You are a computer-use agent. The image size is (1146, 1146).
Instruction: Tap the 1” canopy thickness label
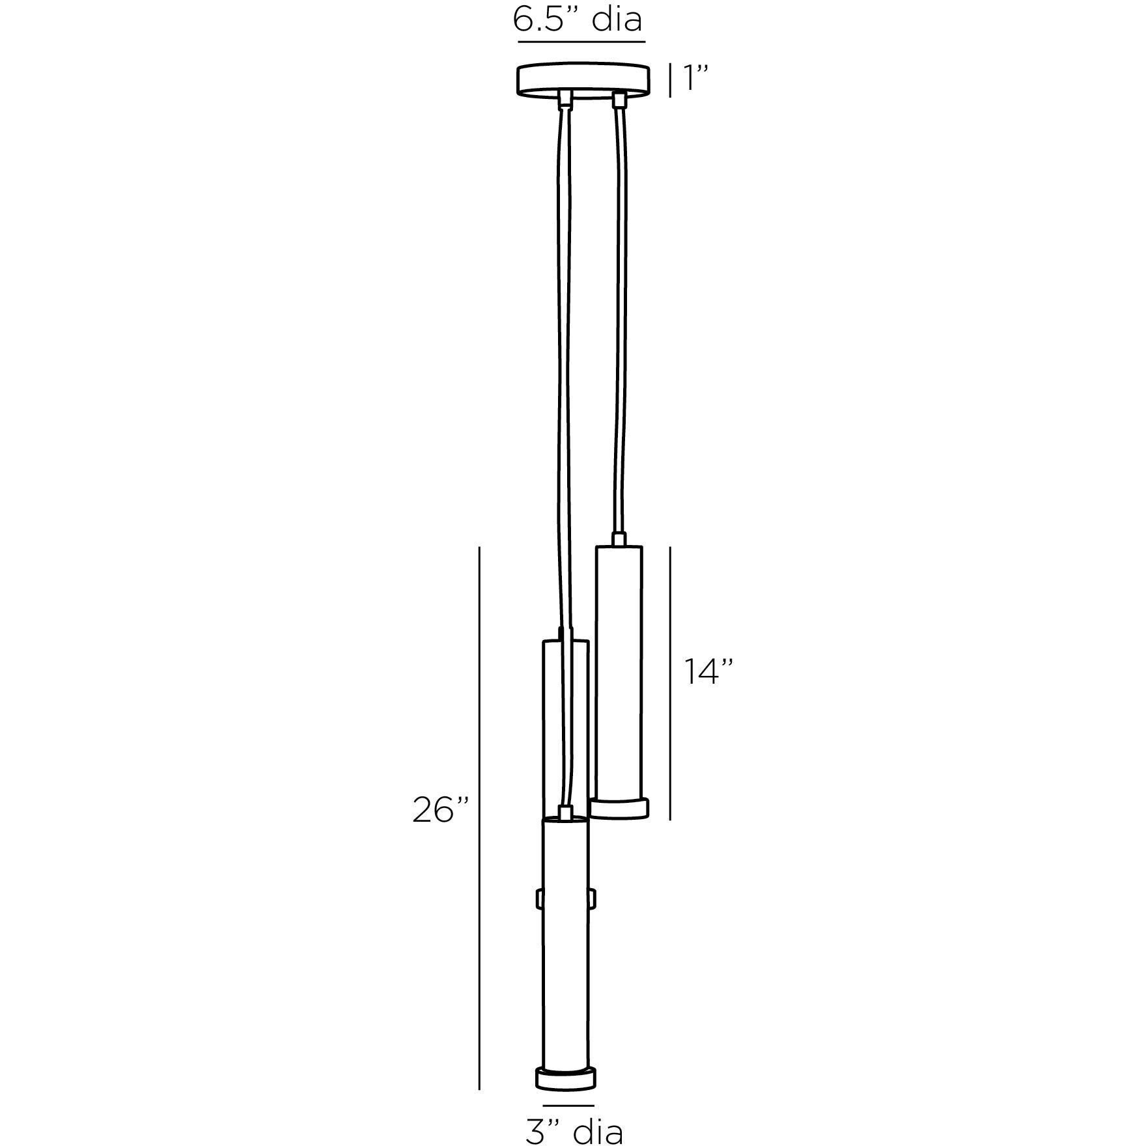point(694,79)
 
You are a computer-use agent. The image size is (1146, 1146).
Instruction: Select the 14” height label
point(708,671)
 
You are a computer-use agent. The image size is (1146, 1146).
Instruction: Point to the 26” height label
point(440,810)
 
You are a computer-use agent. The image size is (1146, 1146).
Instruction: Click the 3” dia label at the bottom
point(574,1130)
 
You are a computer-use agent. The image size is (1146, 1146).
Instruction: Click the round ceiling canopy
point(584,81)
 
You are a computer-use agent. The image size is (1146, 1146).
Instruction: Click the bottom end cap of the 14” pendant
point(619,807)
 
